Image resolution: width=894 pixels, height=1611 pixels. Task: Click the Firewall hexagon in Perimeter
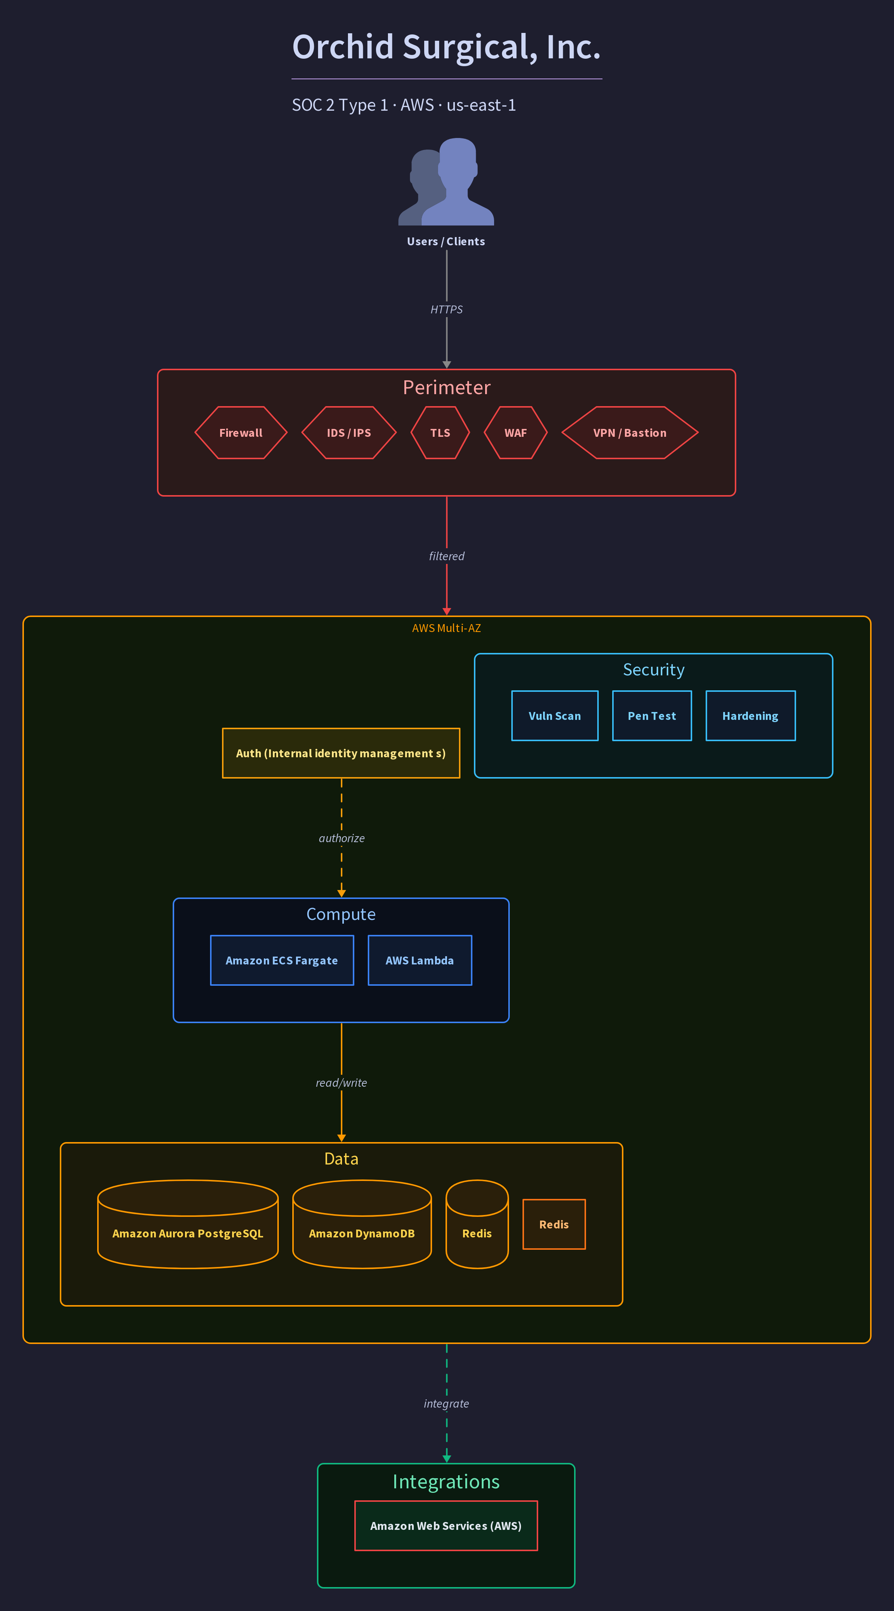[241, 433]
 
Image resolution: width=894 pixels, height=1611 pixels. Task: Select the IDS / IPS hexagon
[349, 433]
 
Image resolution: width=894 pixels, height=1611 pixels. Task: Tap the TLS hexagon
[440, 433]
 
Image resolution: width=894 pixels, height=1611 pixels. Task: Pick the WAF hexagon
[516, 433]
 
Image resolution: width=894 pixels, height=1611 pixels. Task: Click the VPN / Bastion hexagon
[629, 433]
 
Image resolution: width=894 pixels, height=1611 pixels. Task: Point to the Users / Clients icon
[446, 181]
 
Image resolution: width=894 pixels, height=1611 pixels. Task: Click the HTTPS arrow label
[446, 310]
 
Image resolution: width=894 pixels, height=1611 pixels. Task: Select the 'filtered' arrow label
[446, 556]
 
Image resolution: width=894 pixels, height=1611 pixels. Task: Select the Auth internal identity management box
[341, 753]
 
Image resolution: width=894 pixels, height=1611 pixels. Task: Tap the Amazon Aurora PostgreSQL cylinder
[188, 1224]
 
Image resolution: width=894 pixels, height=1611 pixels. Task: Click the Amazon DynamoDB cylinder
[362, 1224]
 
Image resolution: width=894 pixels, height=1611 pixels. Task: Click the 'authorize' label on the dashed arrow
[341, 838]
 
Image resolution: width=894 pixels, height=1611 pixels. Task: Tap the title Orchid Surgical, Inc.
[446, 47]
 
